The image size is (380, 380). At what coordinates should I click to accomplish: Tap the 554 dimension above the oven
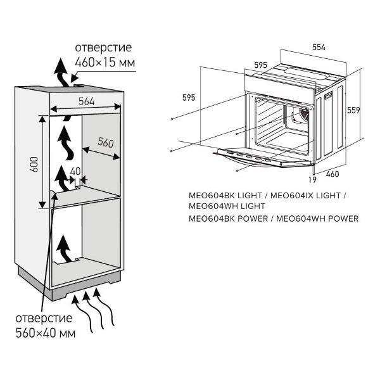(318, 48)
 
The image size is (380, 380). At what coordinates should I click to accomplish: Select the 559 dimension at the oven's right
(353, 110)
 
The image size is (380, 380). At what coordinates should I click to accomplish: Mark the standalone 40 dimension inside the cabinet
(75, 171)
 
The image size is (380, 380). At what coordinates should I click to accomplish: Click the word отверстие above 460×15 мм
(103, 47)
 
